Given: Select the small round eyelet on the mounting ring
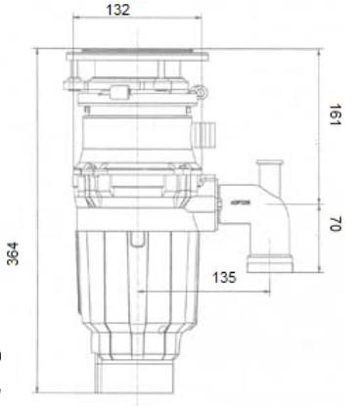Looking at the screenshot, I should coord(202,92).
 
